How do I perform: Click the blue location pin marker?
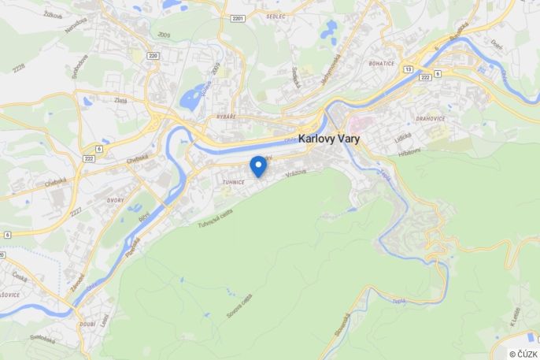(257, 165)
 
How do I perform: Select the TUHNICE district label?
(234, 182)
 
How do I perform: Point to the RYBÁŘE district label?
(226, 117)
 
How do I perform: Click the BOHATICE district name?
(382, 62)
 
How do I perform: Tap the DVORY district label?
(115, 200)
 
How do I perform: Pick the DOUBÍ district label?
(87, 325)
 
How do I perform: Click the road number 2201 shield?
(239, 17)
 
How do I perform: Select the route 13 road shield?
(408, 69)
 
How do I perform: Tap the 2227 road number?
(76, 213)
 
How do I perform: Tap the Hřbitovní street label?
(409, 151)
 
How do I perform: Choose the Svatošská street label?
(43, 340)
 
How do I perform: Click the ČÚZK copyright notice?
(523, 354)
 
